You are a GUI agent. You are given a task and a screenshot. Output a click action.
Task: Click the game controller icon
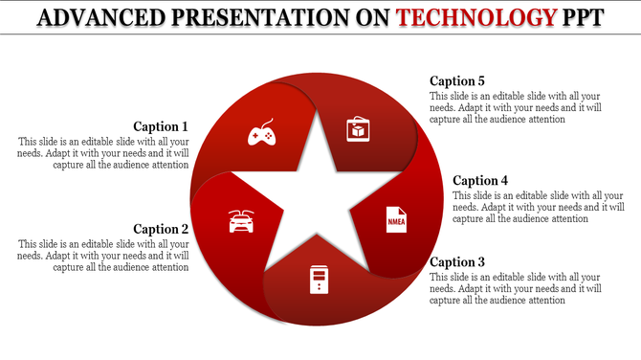pos(261,135)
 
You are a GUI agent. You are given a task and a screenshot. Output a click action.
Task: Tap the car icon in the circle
pos(241,220)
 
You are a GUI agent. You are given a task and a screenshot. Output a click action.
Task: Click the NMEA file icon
pos(395,219)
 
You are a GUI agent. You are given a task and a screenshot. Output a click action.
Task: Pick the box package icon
pos(357,128)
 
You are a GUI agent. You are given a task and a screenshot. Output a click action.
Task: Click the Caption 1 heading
pos(161,126)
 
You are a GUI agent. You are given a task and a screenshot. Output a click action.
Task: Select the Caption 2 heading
pos(161,229)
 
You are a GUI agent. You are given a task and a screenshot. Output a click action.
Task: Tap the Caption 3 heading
pos(457,261)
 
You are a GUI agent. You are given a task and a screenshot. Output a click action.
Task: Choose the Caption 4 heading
pos(480,180)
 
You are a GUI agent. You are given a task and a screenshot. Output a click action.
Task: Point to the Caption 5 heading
pos(457,81)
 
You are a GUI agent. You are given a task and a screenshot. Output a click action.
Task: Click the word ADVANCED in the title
pos(103,16)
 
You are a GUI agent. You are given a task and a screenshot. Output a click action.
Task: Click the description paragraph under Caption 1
pos(103,153)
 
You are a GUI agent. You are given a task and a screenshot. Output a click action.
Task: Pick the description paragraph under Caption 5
pos(516,108)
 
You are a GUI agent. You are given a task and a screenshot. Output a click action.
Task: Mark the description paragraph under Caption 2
pos(103,256)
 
